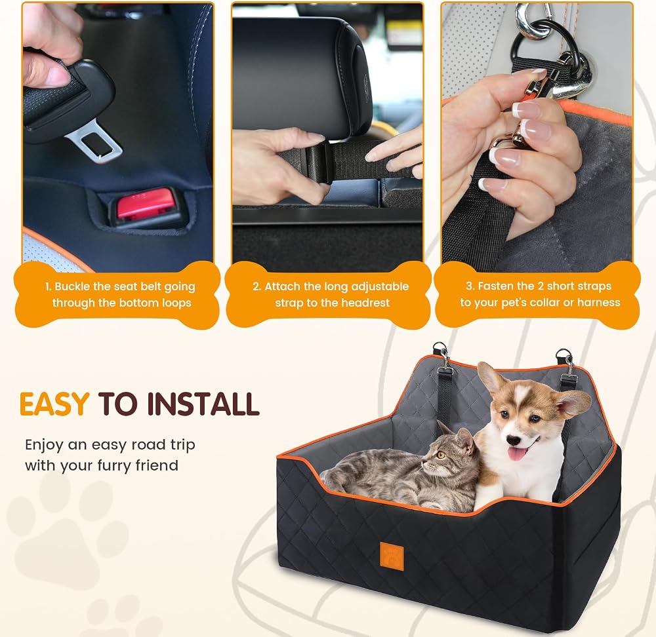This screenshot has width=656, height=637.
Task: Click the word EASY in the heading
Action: click(54, 404)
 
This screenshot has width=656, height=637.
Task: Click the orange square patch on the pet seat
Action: click(392, 556)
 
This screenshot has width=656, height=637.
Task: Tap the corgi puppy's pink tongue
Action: click(516, 454)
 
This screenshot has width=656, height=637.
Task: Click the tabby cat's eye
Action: click(440, 455)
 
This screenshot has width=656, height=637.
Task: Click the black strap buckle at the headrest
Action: click(318, 162)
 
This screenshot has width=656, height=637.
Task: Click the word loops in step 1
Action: click(175, 303)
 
